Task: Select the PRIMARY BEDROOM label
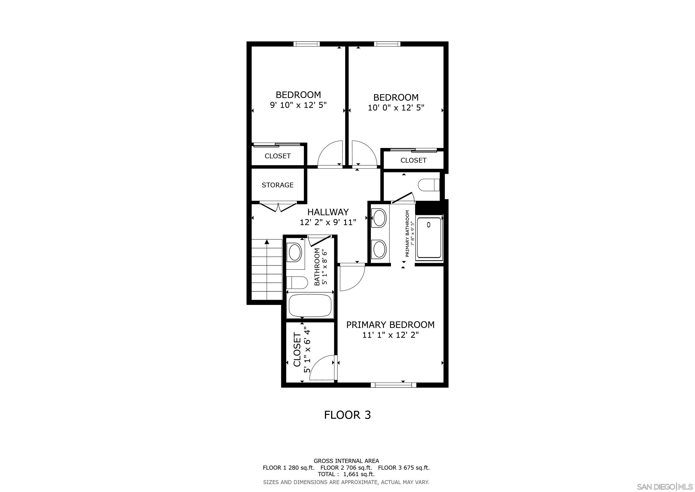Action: click(x=390, y=325)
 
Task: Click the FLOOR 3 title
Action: click(x=347, y=415)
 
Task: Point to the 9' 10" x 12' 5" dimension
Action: click(x=299, y=105)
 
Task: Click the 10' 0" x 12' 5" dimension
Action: click(x=396, y=108)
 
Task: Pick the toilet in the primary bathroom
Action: click(x=429, y=185)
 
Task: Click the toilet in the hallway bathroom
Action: click(x=295, y=283)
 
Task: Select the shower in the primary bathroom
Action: click(x=429, y=238)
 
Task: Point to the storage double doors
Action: click(x=278, y=207)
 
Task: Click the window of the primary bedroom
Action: click(x=394, y=385)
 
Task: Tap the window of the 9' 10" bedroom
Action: click(x=307, y=44)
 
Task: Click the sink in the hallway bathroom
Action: click(x=295, y=253)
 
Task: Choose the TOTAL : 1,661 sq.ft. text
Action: click(x=346, y=474)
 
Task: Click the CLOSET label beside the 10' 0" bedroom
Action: click(x=413, y=160)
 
